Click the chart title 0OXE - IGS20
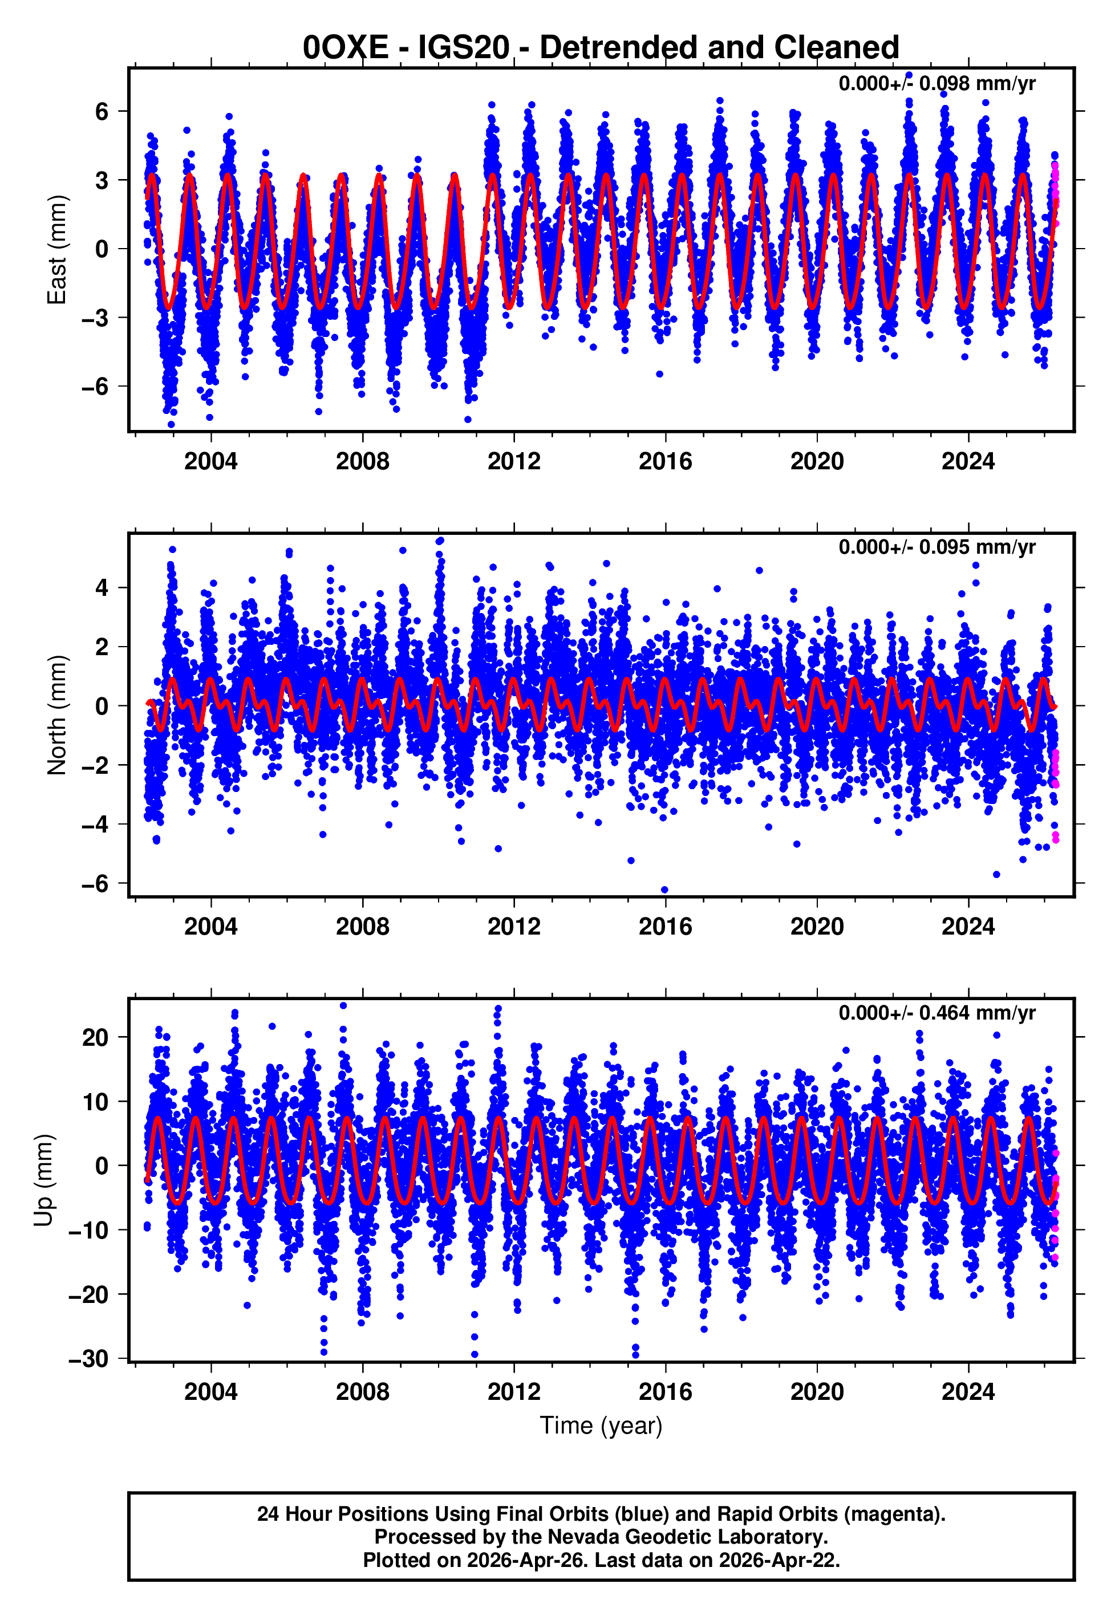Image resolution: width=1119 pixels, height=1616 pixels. pos(600,48)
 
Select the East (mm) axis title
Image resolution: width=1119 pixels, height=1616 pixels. pos(56,250)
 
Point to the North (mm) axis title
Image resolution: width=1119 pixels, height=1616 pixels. pos(56,715)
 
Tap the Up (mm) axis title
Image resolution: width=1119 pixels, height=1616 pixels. pos(43,1180)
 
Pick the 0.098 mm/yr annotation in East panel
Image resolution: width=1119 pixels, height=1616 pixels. pos(936,83)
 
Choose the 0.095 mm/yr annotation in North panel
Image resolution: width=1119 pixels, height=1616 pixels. pos(936,547)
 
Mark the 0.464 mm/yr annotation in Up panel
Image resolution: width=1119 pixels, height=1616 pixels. pos(936,1013)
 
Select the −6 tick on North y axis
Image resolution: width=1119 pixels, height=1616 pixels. pos(95,884)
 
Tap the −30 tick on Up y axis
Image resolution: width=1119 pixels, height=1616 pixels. pos(88,1359)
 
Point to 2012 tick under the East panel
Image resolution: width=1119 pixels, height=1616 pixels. pos(514,461)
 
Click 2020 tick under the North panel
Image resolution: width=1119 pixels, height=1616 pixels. pos(817,927)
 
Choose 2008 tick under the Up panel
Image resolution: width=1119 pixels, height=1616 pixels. pos(363,1392)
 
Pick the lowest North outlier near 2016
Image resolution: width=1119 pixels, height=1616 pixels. pos(664,890)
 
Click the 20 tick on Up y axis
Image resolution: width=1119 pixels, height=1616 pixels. pos(95,1037)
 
